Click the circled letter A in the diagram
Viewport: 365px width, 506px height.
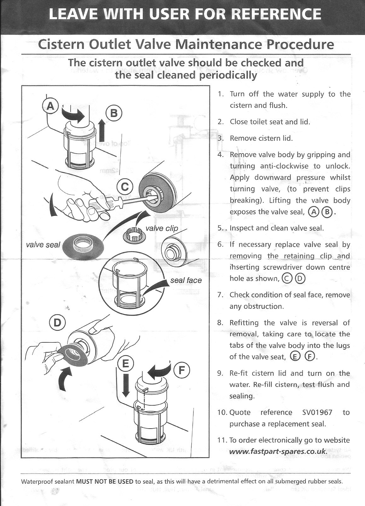(x=50, y=106)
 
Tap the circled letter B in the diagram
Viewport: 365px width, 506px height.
(x=114, y=113)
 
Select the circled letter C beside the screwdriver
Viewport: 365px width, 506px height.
(x=125, y=187)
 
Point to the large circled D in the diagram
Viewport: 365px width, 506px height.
(x=57, y=323)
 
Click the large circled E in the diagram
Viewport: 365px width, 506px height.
(x=125, y=364)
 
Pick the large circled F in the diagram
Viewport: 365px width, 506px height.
(x=182, y=370)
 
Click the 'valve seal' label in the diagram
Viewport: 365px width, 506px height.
(x=43, y=245)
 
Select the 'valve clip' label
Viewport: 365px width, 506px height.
(x=162, y=228)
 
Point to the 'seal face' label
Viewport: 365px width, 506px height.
(x=186, y=280)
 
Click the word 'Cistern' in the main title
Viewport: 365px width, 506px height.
(x=61, y=44)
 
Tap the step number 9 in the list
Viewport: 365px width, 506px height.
(x=220, y=374)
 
